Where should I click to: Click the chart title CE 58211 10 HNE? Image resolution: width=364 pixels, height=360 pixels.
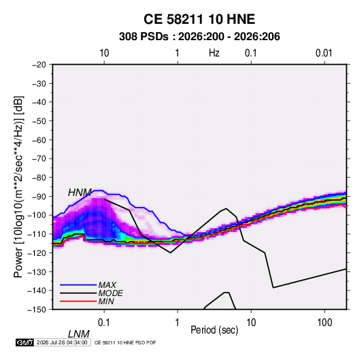pyautogui.click(x=199, y=19)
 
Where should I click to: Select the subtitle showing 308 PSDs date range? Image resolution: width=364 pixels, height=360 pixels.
pyautogui.click(x=199, y=37)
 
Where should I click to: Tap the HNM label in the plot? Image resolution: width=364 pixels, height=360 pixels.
pyautogui.click(x=80, y=193)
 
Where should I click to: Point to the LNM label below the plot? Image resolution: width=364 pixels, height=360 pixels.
pyautogui.click(x=78, y=334)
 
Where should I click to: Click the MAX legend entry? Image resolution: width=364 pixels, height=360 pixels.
pyautogui.click(x=107, y=284)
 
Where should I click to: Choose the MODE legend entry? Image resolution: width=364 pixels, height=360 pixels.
pyautogui.click(x=110, y=293)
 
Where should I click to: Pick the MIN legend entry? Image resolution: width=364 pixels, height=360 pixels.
pyautogui.click(x=106, y=301)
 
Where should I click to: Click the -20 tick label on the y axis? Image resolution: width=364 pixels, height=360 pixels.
pyautogui.click(x=39, y=65)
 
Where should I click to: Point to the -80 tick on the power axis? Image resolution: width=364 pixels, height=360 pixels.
pyautogui.click(x=39, y=178)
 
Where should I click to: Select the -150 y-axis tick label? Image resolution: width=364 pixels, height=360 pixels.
pyautogui.click(x=37, y=310)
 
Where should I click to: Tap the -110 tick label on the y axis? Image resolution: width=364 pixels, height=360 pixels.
pyautogui.click(x=37, y=234)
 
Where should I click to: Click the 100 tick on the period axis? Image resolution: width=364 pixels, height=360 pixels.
pyautogui.click(x=325, y=323)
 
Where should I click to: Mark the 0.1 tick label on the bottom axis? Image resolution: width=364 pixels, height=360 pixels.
pyautogui.click(x=104, y=323)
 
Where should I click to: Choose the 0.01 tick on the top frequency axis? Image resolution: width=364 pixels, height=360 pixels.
pyautogui.click(x=324, y=53)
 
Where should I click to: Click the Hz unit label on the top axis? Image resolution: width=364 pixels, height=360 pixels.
pyautogui.click(x=214, y=53)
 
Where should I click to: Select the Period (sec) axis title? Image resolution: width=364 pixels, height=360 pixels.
pyautogui.click(x=214, y=330)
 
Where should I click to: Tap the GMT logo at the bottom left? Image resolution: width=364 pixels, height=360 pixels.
pyautogui.click(x=24, y=342)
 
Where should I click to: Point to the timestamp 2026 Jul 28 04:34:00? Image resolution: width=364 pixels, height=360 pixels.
pyautogui.click(x=62, y=342)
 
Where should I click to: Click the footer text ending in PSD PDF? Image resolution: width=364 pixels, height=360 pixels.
pyautogui.click(x=125, y=342)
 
